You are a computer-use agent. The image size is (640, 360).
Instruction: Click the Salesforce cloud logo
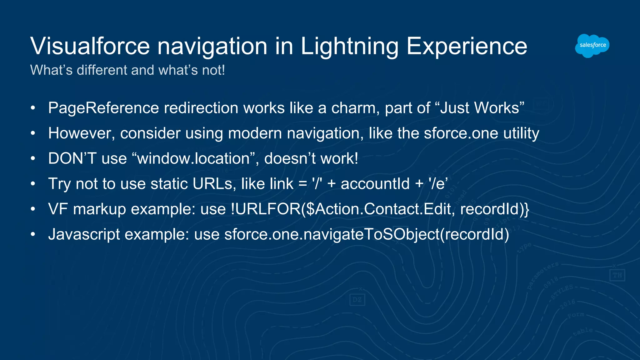pyautogui.click(x=592, y=46)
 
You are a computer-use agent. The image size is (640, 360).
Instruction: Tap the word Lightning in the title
pyautogui.click(x=349, y=46)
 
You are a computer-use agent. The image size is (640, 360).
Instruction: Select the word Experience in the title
pyautogui.click(x=467, y=46)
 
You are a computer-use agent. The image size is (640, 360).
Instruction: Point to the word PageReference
pyautogui.click(x=103, y=108)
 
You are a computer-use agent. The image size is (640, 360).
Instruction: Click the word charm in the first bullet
pyautogui.click(x=355, y=108)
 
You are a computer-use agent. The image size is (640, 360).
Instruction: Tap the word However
pyautogui.click(x=82, y=133)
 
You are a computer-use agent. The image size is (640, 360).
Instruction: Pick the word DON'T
pyautogui.click(x=72, y=158)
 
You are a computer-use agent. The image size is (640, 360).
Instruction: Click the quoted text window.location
pyautogui.click(x=193, y=158)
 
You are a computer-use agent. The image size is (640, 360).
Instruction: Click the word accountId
pyautogui.click(x=375, y=184)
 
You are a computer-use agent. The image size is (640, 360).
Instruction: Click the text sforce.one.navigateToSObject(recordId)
pyautogui.click(x=367, y=234)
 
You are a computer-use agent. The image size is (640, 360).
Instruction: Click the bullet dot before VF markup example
pyautogui.click(x=33, y=209)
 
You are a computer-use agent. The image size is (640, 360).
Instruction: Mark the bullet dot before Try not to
pyautogui.click(x=33, y=184)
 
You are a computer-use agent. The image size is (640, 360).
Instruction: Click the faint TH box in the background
pyautogui.click(x=617, y=275)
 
